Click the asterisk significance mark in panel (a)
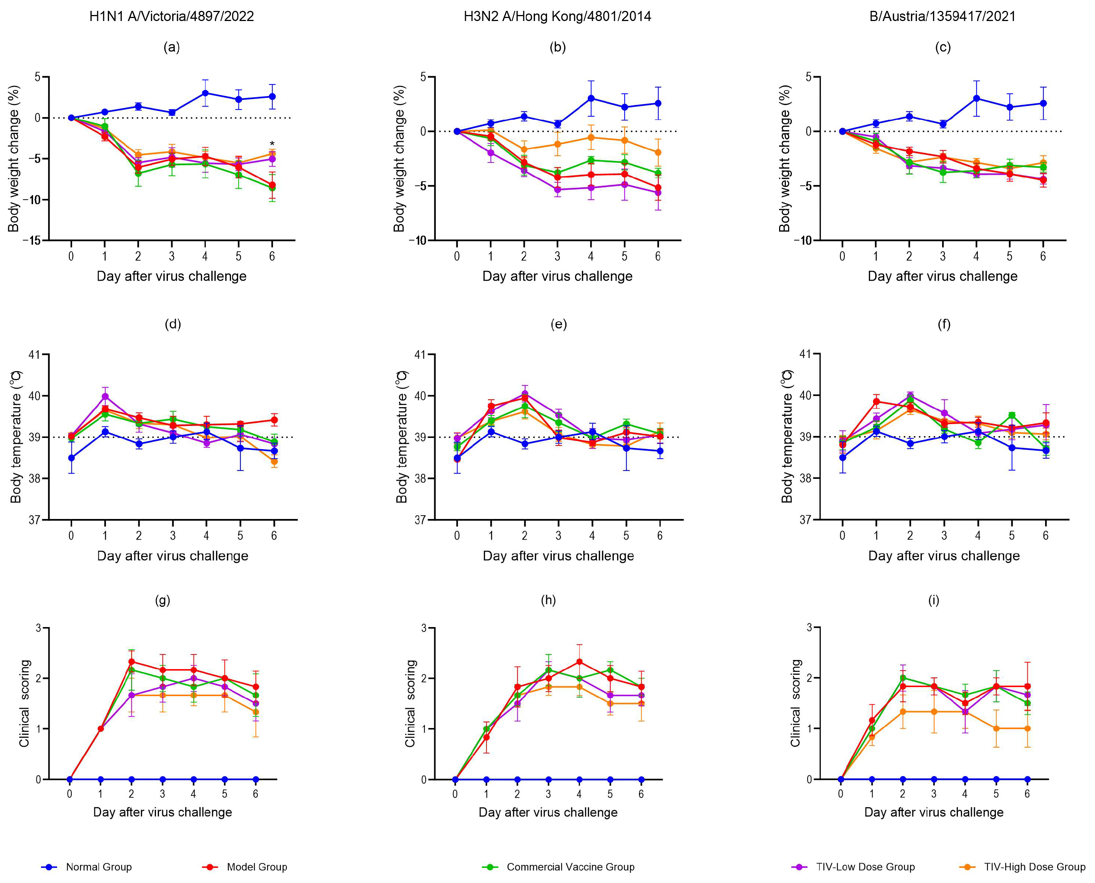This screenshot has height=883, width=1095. point(272,144)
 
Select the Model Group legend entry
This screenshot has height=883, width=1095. point(245,867)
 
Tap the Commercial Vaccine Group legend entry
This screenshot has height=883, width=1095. point(559,867)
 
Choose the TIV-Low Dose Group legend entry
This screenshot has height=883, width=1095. point(854,867)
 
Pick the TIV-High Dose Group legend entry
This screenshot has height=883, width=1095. point(1023,867)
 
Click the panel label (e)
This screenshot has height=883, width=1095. point(559,324)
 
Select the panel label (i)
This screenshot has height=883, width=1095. point(933,600)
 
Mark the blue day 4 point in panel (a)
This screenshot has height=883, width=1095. point(205,93)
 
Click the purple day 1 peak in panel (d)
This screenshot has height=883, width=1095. point(105,396)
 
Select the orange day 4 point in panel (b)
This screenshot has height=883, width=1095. point(591,137)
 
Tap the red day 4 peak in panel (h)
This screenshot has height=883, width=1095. point(579,662)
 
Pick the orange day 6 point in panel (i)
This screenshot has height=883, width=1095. point(1027,728)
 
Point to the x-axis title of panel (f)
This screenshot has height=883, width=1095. point(944,556)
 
